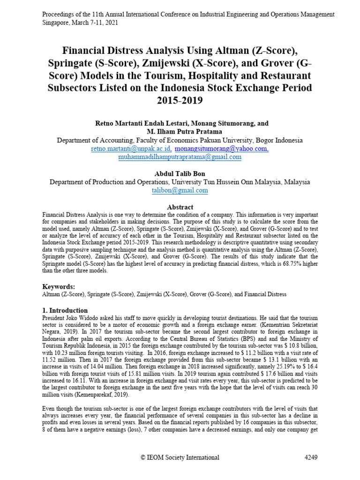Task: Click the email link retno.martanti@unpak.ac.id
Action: [x=131, y=149]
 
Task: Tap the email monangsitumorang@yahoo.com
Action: [x=222, y=149]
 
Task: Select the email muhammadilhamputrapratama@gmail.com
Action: [x=180, y=157]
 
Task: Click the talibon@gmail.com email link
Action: [x=180, y=190]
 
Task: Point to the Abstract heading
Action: [x=180, y=207]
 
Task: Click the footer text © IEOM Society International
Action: [x=180, y=457]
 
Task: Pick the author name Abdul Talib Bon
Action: [x=180, y=173]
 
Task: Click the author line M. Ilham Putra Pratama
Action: [x=180, y=132]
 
